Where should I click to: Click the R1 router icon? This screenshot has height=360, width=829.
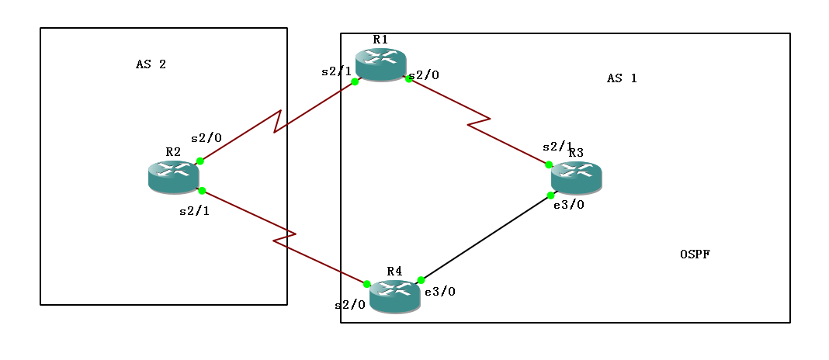tap(380, 64)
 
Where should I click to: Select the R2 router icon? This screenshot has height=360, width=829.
tap(173, 176)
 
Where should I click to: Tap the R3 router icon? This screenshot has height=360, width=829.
tap(576, 177)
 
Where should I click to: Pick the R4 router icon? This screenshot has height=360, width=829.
tap(394, 296)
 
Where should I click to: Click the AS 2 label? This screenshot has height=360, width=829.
tap(151, 64)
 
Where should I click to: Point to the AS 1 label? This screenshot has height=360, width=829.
tap(622, 78)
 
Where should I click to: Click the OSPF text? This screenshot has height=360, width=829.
tap(695, 254)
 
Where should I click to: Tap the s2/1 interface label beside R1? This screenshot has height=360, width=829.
tap(336, 71)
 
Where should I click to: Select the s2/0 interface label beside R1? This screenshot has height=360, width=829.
tap(424, 75)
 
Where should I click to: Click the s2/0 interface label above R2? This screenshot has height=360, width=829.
tap(206, 138)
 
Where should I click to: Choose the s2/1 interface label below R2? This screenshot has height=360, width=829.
tap(194, 210)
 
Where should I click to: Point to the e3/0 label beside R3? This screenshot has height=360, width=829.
tap(569, 205)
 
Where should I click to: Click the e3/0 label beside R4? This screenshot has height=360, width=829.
tap(440, 292)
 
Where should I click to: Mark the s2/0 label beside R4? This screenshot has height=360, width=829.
tap(350, 305)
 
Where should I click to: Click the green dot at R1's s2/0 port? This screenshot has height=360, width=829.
tap(408, 78)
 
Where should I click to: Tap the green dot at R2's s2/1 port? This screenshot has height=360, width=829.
tap(201, 191)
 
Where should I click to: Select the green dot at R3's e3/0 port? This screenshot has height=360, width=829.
tap(550, 195)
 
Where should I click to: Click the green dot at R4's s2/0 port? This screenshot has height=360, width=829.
tap(367, 284)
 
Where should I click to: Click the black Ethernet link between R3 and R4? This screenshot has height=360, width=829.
tap(485, 237)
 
